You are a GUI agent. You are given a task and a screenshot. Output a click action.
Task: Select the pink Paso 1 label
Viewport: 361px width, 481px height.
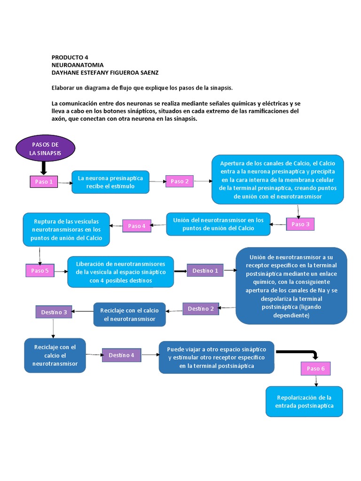pyautogui.click(x=44, y=182)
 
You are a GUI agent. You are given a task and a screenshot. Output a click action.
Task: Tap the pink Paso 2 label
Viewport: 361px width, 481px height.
pyautogui.click(x=179, y=181)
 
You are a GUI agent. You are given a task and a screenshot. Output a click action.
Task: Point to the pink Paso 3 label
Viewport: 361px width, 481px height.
pyautogui.click(x=300, y=225)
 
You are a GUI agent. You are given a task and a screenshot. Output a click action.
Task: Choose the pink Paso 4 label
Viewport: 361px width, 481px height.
pyautogui.click(x=137, y=226)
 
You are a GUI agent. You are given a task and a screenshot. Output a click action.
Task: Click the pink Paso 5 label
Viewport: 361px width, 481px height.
pyautogui.click(x=40, y=271)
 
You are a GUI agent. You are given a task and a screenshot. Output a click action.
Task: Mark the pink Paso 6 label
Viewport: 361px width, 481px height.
pyautogui.click(x=315, y=369)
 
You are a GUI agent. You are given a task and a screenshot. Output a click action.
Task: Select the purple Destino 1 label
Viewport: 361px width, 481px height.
pyautogui.click(x=205, y=271)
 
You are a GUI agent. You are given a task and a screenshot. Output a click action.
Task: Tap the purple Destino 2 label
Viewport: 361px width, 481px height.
pyautogui.click(x=201, y=309)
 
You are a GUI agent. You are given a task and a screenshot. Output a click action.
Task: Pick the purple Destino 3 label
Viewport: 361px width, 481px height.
pyautogui.click(x=54, y=312)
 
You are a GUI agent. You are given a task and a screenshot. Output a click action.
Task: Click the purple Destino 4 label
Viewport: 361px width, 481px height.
pyautogui.click(x=121, y=355)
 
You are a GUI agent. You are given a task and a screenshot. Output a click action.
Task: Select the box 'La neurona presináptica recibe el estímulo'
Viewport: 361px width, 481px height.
pyautogui.click(x=110, y=182)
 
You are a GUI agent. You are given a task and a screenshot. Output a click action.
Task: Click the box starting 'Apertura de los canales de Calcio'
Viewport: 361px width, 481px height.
pyautogui.click(x=277, y=180)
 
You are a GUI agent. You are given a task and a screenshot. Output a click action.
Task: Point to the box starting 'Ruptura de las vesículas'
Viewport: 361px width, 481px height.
pyautogui.click(x=66, y=230)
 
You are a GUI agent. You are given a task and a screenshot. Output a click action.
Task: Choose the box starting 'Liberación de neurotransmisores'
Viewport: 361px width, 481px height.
pyautogui.click(x=120, y=272)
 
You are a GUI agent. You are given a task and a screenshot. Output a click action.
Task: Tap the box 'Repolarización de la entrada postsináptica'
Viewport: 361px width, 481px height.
pyautogui.click(x=304, y=402)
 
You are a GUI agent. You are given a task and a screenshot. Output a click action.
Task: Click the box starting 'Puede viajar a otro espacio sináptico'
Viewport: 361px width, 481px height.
pyautogui.click(x=216, y=357)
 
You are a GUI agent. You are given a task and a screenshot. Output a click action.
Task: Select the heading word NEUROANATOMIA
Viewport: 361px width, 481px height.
pyautogui.click(x=78, y=65)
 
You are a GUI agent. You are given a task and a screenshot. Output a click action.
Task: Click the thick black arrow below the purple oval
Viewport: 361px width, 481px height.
pyautogui.click(x=43, y=167)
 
